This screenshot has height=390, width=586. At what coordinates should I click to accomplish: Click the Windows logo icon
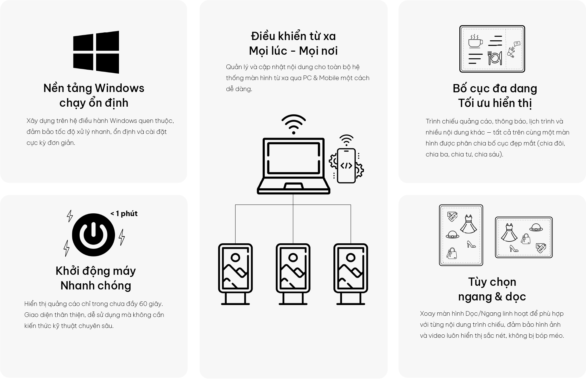click(96, 52)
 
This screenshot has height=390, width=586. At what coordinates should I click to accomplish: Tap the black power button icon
click(93, 235)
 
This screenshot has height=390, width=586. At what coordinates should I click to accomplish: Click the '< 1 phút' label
click(124, 213)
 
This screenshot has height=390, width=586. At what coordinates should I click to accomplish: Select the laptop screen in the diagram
click(293, 158)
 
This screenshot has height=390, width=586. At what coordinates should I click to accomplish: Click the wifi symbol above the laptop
click(293, 124)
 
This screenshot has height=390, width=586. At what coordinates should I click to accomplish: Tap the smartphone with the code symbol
click(346, 166)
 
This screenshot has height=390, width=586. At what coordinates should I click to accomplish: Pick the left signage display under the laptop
click(235, 274)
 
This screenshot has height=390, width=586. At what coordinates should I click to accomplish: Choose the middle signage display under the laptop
click(293, 274)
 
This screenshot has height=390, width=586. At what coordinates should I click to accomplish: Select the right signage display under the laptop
click(351, 274)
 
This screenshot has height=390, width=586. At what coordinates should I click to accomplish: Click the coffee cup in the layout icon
click(475, 41)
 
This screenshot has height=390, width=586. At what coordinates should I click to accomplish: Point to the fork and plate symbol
click(495, 58)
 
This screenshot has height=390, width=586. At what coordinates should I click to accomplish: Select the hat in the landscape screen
click(536, 228)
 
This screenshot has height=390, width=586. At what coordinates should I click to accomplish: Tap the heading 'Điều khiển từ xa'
click(293, 36)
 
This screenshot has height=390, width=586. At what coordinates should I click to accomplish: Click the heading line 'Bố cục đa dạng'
click(495, 88)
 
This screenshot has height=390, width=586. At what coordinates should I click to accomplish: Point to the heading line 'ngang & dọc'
click(492, 296)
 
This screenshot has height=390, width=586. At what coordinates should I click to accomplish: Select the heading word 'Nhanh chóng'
click(96, 285)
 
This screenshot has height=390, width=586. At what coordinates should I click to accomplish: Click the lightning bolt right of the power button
click(122, 237)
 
